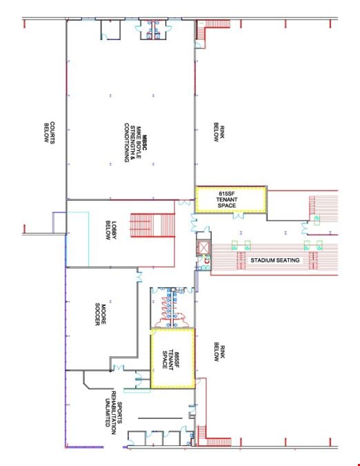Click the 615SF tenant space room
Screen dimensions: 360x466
tap(230, 200)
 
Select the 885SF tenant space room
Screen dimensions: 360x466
tap(172, 358)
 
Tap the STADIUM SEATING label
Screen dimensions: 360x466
tap(274, 260)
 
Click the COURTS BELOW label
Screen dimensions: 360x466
tap(49, 133)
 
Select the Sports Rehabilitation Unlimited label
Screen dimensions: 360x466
tap(113, 414)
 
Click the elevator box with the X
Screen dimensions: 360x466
tap(203, 247)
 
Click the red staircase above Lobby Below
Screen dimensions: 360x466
tap(152, 225)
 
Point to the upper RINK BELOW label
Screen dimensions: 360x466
tap(219, 133)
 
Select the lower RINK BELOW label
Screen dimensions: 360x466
tap(219, 351)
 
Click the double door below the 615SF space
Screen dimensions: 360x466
tap(239, 216)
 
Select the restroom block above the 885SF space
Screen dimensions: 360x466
tap(172, 308)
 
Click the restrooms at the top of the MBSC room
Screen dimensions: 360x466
tap(154, 30)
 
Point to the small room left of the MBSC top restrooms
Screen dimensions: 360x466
tap(110, 30)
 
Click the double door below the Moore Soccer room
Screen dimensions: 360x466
tap(119, 368)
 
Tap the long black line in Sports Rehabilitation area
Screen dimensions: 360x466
tap(160, 418)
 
